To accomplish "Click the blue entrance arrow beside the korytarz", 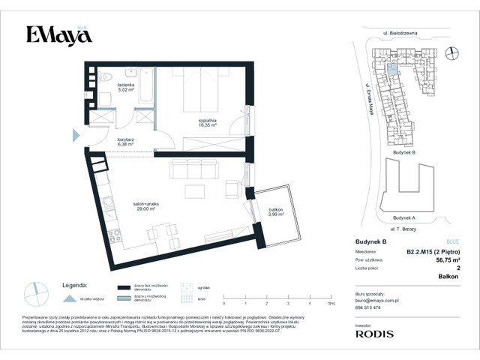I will (x=75, y=136).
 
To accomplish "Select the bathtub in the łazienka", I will (x=148, y=88).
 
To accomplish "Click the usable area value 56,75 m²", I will (x=447, y=262).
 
